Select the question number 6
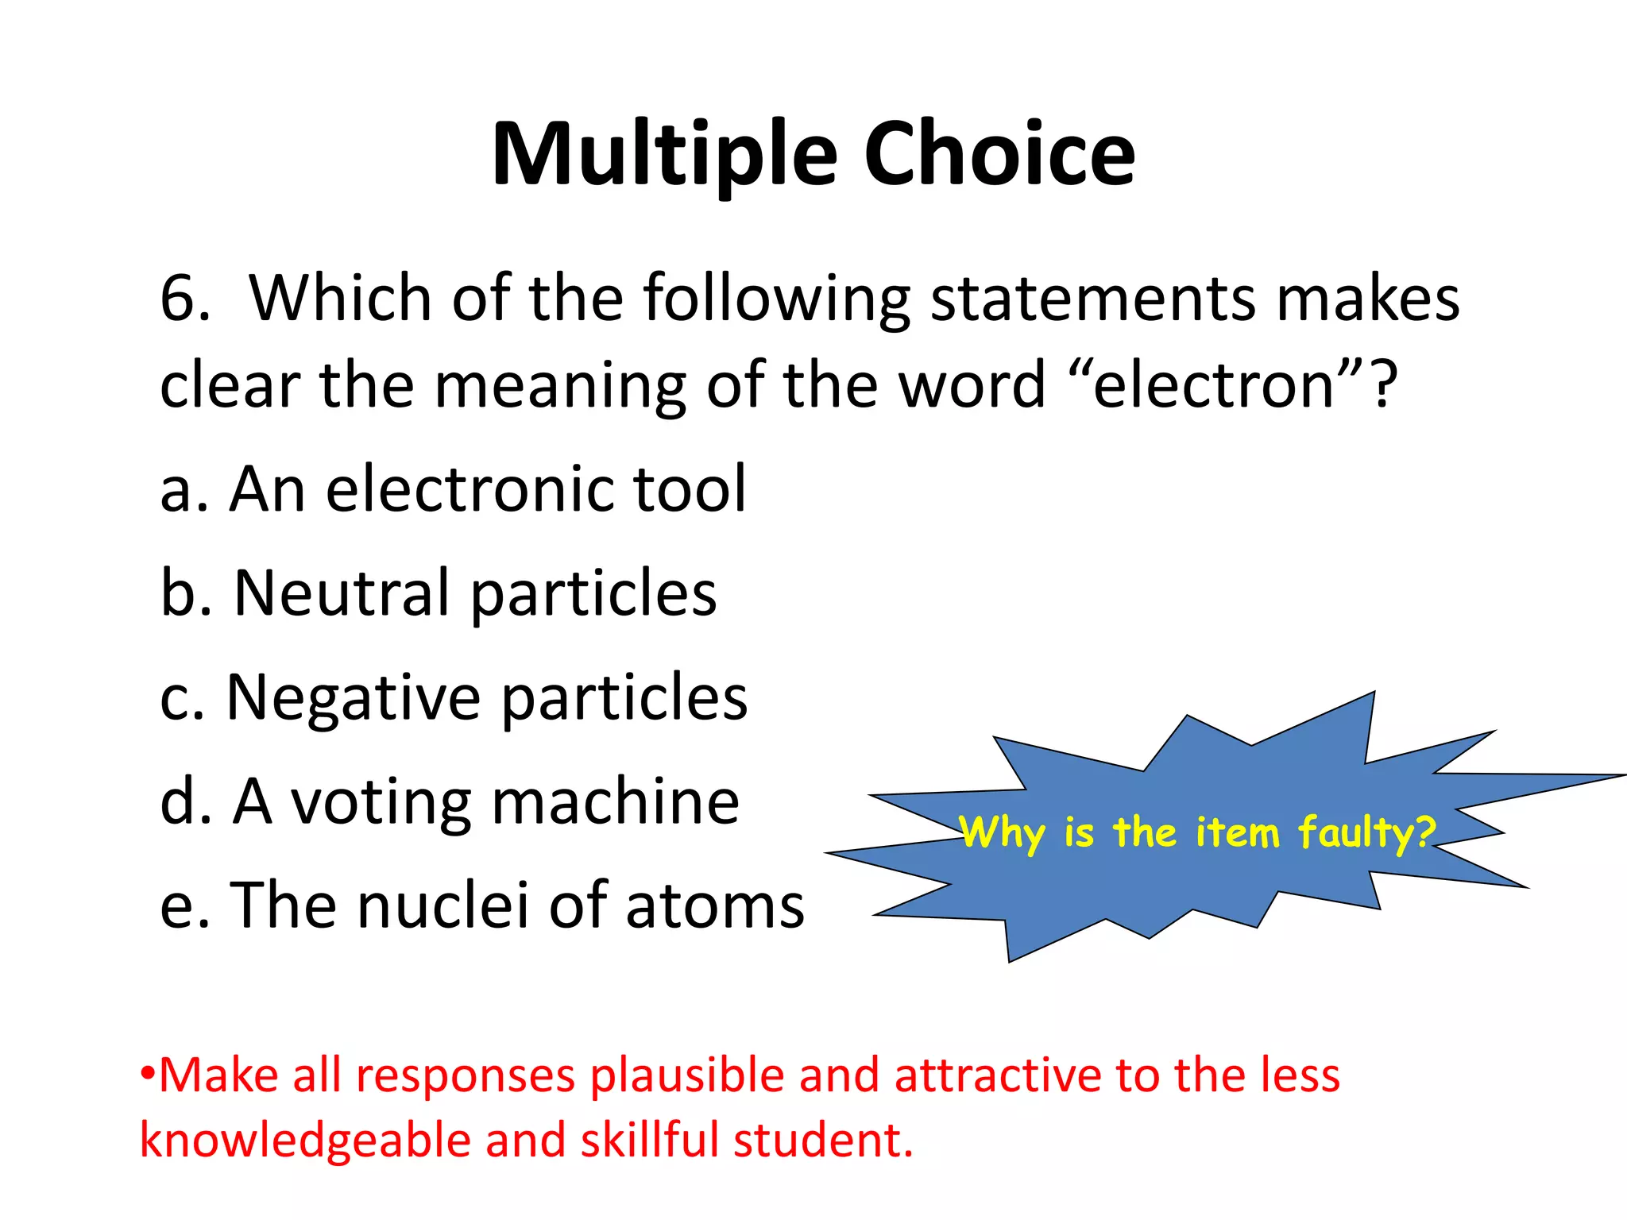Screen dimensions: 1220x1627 184,298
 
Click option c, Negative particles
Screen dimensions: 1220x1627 453,697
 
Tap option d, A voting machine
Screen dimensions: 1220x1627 450,801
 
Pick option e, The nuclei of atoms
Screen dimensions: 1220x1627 481,905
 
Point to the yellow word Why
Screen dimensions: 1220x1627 1002,833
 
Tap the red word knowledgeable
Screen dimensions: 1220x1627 305,1141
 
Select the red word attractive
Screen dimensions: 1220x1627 997,1076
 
